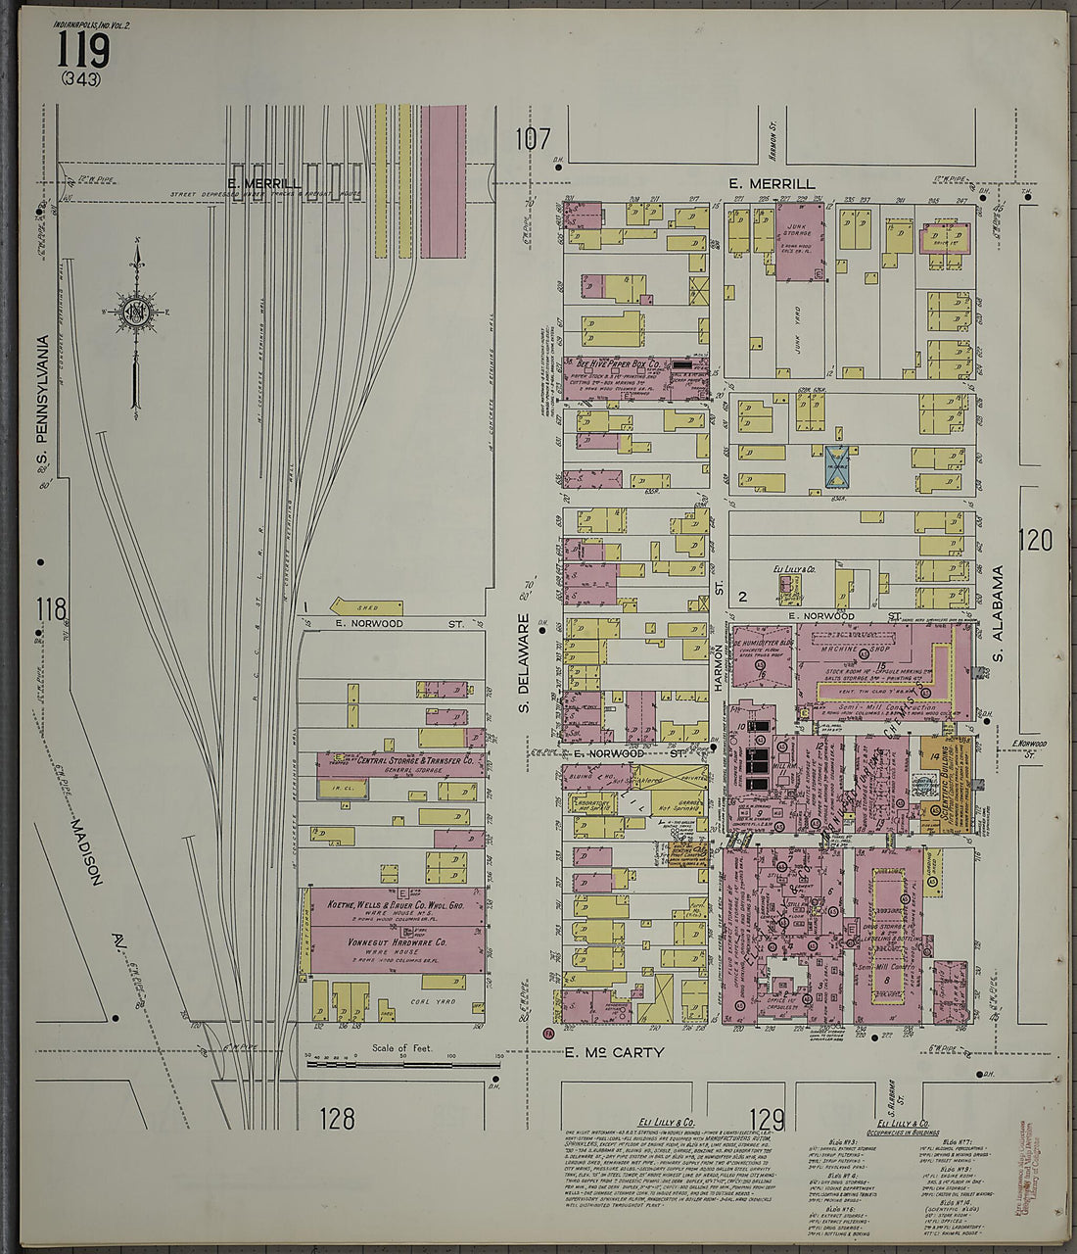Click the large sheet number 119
82,48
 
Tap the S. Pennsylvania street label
43,405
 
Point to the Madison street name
87,852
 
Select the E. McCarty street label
614,1053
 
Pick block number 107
535,140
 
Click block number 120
1035,540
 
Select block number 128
336,1118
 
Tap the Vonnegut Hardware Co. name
398,942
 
